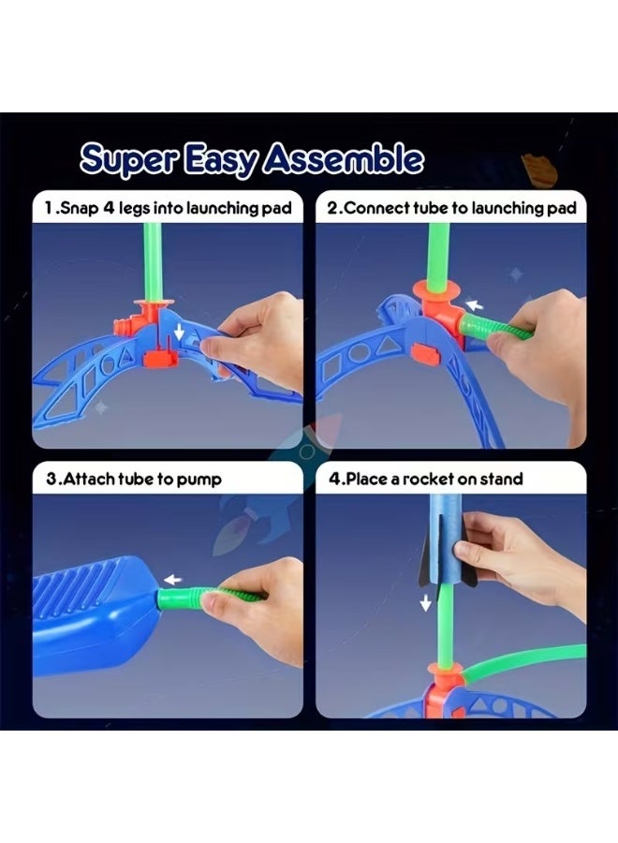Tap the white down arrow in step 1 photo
click(x=180, y=333)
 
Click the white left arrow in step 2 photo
click(x=476, y=304)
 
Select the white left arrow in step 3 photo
click(x=170, y=579)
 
